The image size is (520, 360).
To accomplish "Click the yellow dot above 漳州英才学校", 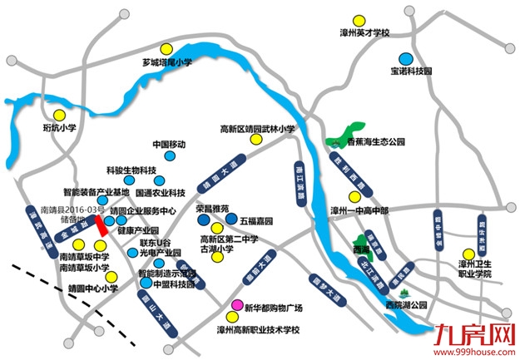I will pos(358,19).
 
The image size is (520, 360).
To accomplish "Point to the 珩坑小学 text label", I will pos(59,128).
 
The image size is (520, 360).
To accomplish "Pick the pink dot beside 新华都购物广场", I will pos(236,308).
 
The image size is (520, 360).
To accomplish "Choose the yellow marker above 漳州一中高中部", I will pos(355,197).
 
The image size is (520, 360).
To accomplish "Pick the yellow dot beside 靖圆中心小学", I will pos(110,277).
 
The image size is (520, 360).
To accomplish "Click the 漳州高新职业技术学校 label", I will pos(257,329).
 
